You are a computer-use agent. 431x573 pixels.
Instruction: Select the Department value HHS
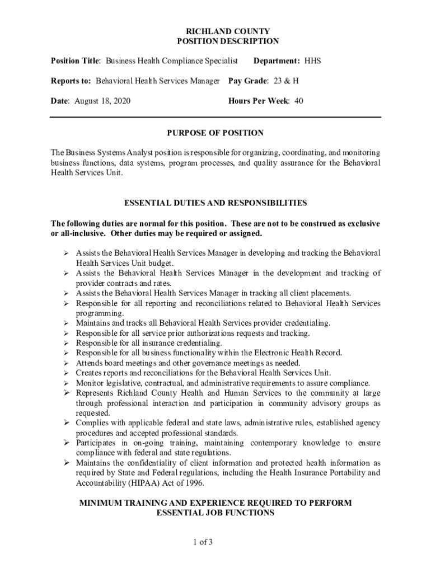pos(312,60)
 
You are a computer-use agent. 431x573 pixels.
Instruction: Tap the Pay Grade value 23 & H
pos(286,81)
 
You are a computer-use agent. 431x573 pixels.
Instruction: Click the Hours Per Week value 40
pos(298,101)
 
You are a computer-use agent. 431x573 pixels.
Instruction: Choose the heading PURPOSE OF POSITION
pos(215,133)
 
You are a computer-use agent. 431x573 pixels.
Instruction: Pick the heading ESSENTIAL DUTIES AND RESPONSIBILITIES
pos(215,203)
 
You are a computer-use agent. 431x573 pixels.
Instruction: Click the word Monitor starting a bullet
pos(90,383)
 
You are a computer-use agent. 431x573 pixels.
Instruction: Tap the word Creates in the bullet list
pos(89,373)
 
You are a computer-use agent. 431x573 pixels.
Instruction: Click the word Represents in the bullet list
pos(96,393)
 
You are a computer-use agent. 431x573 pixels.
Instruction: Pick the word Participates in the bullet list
pos(97,443)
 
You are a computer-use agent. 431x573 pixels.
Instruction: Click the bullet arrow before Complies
pos(65,423)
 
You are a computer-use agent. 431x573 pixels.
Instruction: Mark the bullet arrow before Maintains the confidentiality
pos(65,463)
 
